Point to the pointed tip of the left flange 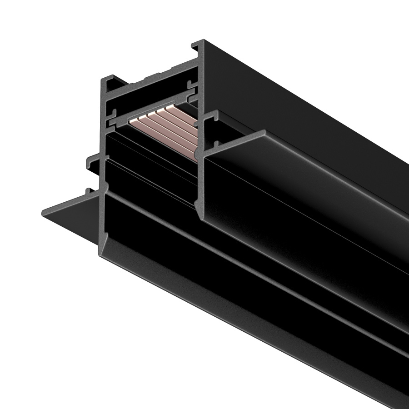click(x=43, y=212)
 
